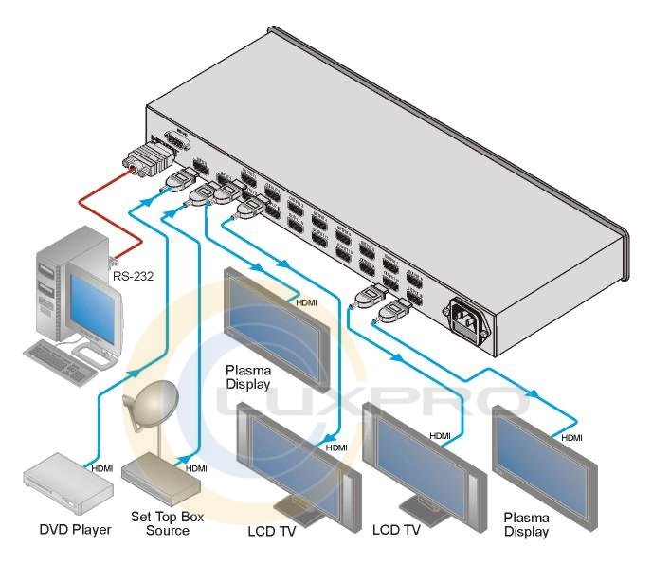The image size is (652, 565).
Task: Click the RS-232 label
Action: click(x=133, y=277)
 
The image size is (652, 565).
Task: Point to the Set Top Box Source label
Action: click(x=167, y=523)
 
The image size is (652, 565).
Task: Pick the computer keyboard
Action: click(x=65, y=359)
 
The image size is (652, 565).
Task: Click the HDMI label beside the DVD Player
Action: click(x=103, y=468)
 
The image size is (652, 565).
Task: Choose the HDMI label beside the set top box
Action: click(x=196, y=468)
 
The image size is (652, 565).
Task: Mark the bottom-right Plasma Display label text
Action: click(x=526, y=524)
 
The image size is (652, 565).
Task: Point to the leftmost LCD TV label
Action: click(x=272, y=530)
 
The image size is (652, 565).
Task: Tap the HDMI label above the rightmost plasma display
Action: click(x=571, y=437)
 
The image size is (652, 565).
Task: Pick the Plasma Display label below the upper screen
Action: click(x=248, y=376)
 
